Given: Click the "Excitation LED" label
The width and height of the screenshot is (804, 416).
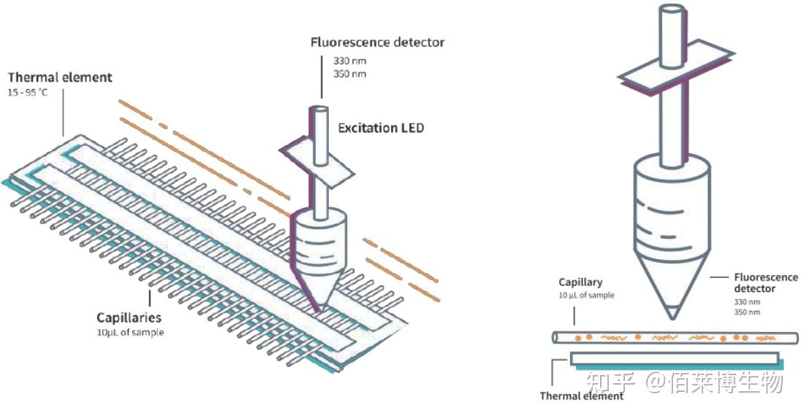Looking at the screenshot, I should point(380,128).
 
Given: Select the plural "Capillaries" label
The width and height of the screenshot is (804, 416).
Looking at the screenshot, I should point(129,318).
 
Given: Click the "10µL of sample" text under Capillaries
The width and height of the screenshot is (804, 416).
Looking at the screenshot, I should point(130,332).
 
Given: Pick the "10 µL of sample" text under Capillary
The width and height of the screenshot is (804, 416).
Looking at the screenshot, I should point(586,296).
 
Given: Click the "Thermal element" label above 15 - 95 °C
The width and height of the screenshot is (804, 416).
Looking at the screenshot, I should point(60,77).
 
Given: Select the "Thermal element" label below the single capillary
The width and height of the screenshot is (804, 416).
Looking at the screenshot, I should point(582,396).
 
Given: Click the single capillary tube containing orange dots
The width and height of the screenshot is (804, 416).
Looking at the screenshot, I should point(665,338).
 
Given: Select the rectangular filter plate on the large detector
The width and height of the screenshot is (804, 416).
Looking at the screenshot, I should point(675,66).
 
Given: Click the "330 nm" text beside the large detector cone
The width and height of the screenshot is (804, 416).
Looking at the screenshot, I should point(747,301).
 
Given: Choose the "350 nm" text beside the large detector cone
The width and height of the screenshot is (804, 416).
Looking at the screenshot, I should point(747,312).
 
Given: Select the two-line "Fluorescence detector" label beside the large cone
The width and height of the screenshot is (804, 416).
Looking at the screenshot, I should point(765,283).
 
